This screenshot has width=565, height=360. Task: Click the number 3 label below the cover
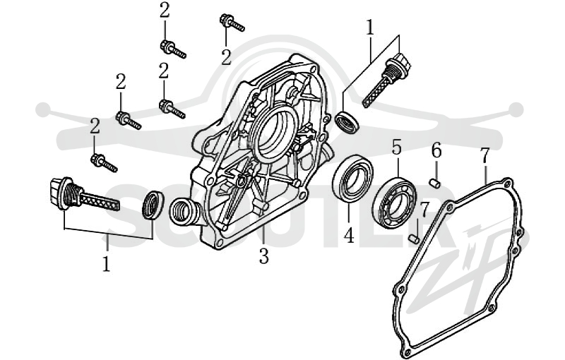(263, 256)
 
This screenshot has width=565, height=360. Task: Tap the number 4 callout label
(349, 236)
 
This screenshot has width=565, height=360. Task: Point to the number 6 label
(436, 150)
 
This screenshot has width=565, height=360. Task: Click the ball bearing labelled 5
(394, 203)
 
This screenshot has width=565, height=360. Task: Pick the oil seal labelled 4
(352, 177)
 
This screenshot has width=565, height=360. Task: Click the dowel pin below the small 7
(415, 239)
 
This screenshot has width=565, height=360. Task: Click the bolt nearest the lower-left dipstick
(104, 163)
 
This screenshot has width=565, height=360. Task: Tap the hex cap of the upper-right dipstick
(401, 62)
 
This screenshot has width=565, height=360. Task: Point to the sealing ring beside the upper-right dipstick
(347, 123)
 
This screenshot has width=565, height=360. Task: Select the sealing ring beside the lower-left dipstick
(153, 205)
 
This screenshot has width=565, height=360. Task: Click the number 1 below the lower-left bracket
(107, 263)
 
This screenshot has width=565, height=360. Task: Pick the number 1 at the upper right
(370, 28)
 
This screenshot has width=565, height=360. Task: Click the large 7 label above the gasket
(484, 155)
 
